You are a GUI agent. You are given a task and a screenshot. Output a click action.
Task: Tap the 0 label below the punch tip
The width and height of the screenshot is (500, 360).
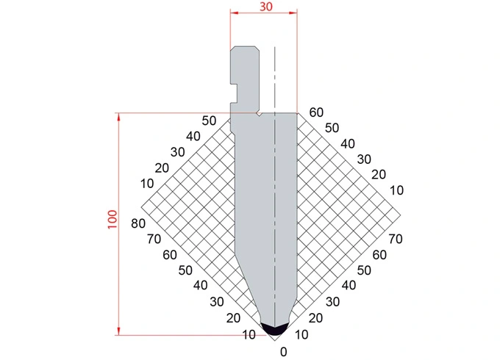click(x=283, y=351)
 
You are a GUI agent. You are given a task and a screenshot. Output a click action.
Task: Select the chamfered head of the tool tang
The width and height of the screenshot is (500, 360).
click(x=244, y=55)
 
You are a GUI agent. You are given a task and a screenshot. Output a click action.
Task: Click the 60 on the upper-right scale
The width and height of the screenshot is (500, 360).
click(x=316, y=112)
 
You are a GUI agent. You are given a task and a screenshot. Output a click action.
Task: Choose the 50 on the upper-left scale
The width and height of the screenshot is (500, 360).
click(x=210, y=120)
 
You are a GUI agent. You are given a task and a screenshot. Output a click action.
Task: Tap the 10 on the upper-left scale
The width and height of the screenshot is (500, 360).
click(x=146, y=182)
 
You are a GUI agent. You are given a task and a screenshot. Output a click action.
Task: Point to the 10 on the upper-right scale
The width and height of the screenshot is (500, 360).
click(x=397, y=190)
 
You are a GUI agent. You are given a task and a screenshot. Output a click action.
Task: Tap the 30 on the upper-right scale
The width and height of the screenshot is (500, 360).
click(x=364, y=159)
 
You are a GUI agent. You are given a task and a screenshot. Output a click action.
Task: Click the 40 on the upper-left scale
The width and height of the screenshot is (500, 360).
click(x=193, y=136)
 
